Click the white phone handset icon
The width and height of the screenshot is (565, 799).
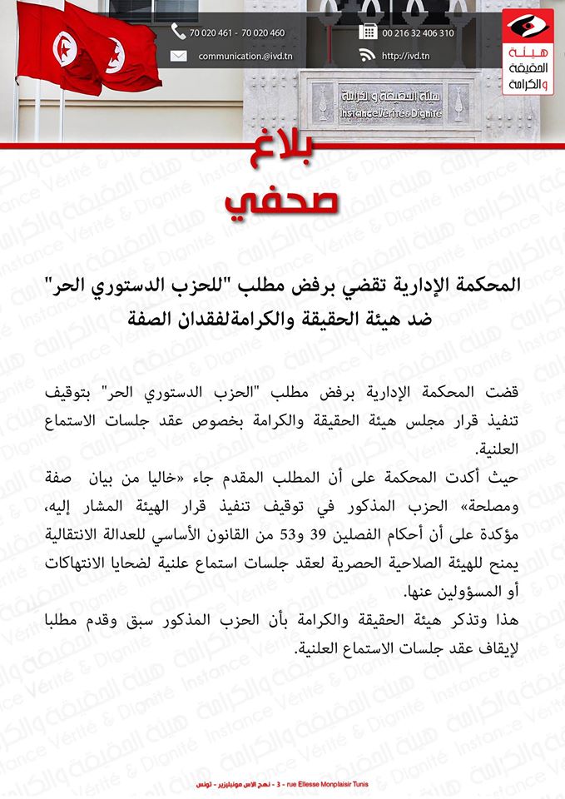[x=178, y=32]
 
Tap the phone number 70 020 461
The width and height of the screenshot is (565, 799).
[x=213, y=33]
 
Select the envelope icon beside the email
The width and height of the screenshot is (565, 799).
[x=178, y=57]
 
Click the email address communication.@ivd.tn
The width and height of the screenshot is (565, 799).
[x=245, y=57]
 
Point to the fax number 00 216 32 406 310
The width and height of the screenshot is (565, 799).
[x=418, y=33]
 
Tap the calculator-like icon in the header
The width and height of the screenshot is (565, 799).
[x=367, y=32]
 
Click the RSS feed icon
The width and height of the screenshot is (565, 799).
[x=367, y=56]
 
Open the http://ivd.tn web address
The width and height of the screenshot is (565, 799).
[x=406, y=57]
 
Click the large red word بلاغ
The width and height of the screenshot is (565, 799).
[x=283, y=159]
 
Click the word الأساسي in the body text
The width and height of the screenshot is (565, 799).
[x=144, y=533]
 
